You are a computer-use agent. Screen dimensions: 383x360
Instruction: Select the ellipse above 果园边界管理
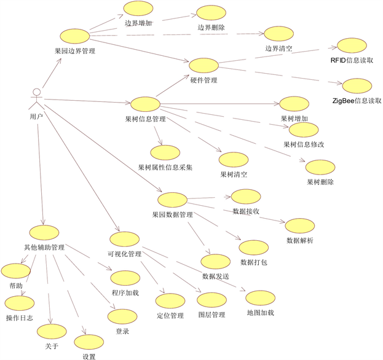coord(74,36)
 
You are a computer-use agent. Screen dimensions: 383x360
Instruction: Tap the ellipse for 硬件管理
coord(204,66)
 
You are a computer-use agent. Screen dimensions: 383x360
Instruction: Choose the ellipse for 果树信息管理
coord(146,103)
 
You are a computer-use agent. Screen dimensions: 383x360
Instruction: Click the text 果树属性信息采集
coord(165,166)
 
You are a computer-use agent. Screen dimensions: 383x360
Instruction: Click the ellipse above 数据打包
coord(253,248)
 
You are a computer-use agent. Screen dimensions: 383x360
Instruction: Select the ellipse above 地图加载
coord(259,297)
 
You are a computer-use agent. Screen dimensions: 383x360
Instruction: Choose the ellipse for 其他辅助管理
coord(45,233)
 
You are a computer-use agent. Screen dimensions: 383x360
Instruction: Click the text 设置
coord(89,356)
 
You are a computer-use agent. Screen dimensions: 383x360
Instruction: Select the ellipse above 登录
coord(122,317)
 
